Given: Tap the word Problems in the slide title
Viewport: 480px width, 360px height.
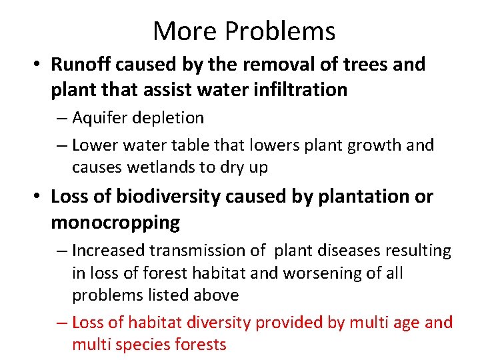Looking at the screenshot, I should [x=279, y=31].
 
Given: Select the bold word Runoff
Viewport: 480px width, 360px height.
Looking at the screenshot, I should [x=81, y=65].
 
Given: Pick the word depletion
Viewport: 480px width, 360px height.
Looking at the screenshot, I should [x=170, y=118].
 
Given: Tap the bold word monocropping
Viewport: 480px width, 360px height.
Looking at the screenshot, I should [x=115, y=223].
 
